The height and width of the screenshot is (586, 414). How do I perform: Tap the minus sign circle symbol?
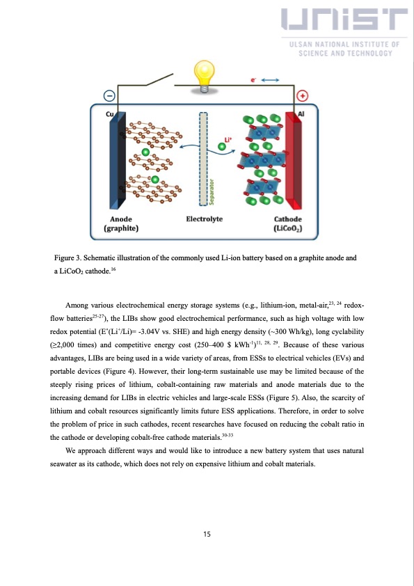(109, 96)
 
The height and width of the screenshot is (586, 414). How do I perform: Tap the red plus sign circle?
(303, 96)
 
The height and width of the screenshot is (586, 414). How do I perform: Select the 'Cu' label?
(110, 113)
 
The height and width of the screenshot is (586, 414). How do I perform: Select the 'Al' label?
(301, 113)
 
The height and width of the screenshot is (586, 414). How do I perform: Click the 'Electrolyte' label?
(205, 219)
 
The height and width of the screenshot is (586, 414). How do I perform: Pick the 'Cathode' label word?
(287, 219)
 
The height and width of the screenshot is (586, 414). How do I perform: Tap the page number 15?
(207, 534)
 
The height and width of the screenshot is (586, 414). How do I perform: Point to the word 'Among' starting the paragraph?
(76, 306)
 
